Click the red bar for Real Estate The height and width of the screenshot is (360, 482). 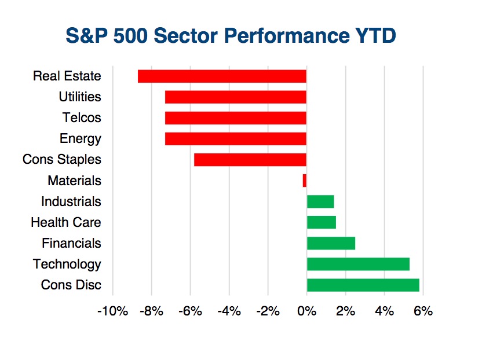222,76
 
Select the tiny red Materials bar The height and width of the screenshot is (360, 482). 305,181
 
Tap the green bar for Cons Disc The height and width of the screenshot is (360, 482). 363,285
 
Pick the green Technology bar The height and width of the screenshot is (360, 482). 358,264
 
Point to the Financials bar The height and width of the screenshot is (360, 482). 331,243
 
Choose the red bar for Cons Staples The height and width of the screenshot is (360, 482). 250,160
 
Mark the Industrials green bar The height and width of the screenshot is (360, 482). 320,201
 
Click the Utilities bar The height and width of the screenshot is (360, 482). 236,97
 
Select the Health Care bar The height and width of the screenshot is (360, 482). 322,222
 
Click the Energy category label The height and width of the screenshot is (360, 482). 80,139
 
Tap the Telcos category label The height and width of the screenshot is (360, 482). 82,117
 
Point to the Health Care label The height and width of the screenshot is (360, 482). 66,222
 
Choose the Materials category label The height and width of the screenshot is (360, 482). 74,181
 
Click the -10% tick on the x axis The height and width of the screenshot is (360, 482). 112,311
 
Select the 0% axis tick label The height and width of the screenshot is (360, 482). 307,311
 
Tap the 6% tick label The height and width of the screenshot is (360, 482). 423,311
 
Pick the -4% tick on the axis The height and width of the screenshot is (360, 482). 229,311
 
